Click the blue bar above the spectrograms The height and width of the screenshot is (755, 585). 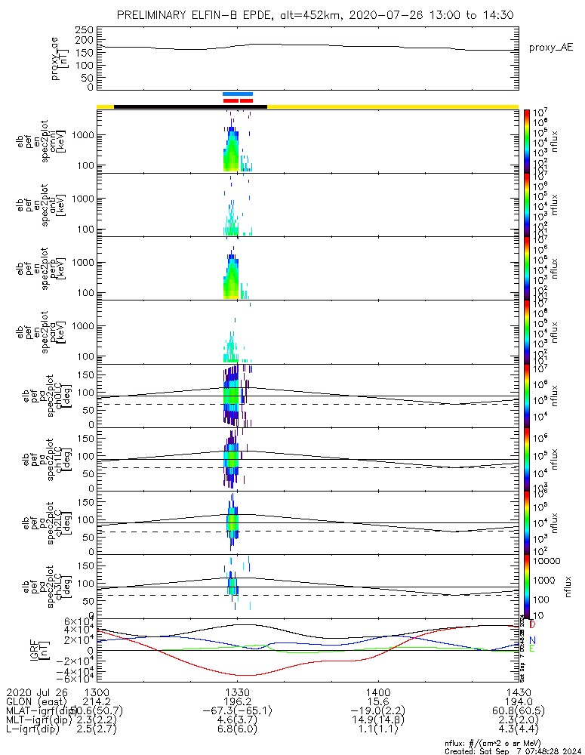pos(238,94)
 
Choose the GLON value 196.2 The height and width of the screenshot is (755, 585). pos(237,702)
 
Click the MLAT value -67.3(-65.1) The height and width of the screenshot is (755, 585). pos(237,712)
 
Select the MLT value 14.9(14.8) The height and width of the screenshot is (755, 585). pos(377,722)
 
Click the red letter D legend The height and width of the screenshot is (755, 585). pos(533,625)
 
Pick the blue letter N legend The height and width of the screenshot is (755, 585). pos(533,640)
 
